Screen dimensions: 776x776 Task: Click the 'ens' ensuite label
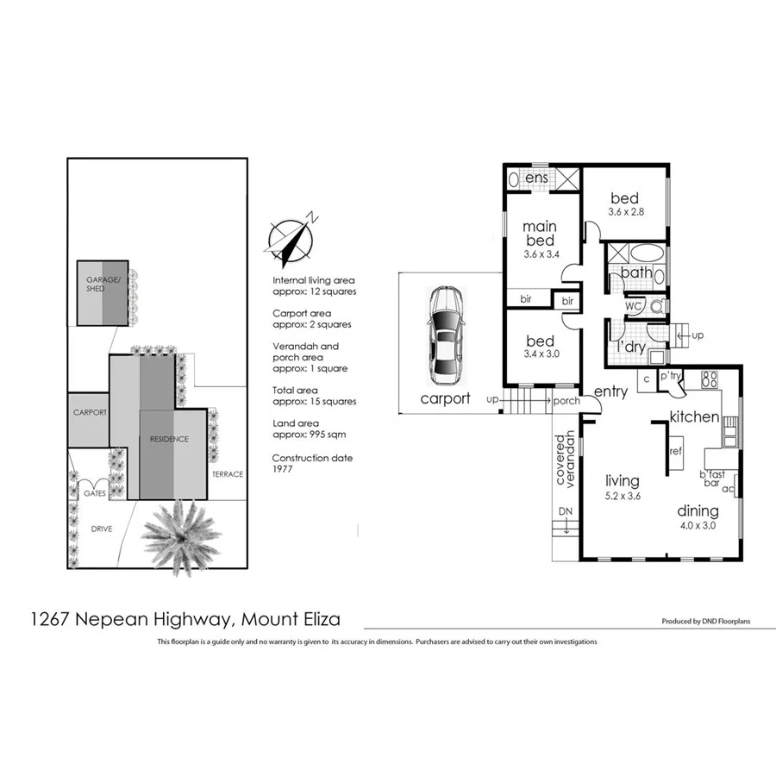(x=536, y=178)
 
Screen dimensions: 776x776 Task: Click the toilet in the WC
(x=657, y=305)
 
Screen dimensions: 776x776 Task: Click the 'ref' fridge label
(x=676, y=450)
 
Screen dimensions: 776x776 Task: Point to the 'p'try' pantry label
(x=670, y=377)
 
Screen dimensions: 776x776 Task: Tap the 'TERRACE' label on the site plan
(x=228, y=474)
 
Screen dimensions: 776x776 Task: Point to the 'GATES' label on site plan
(x=94, y=493)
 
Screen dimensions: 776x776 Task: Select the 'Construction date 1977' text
(x=311, y=465)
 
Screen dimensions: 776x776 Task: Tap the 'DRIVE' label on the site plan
(x=102, y=529)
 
